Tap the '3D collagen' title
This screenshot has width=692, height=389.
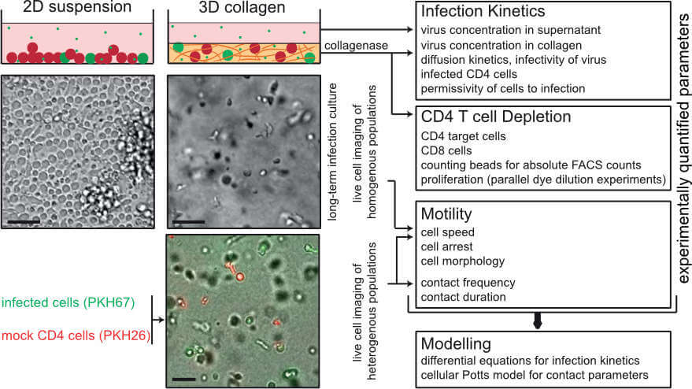tap(224, 9)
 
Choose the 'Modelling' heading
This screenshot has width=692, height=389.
tap(454, 344)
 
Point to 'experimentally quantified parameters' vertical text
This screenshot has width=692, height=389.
tap(679, 150)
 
